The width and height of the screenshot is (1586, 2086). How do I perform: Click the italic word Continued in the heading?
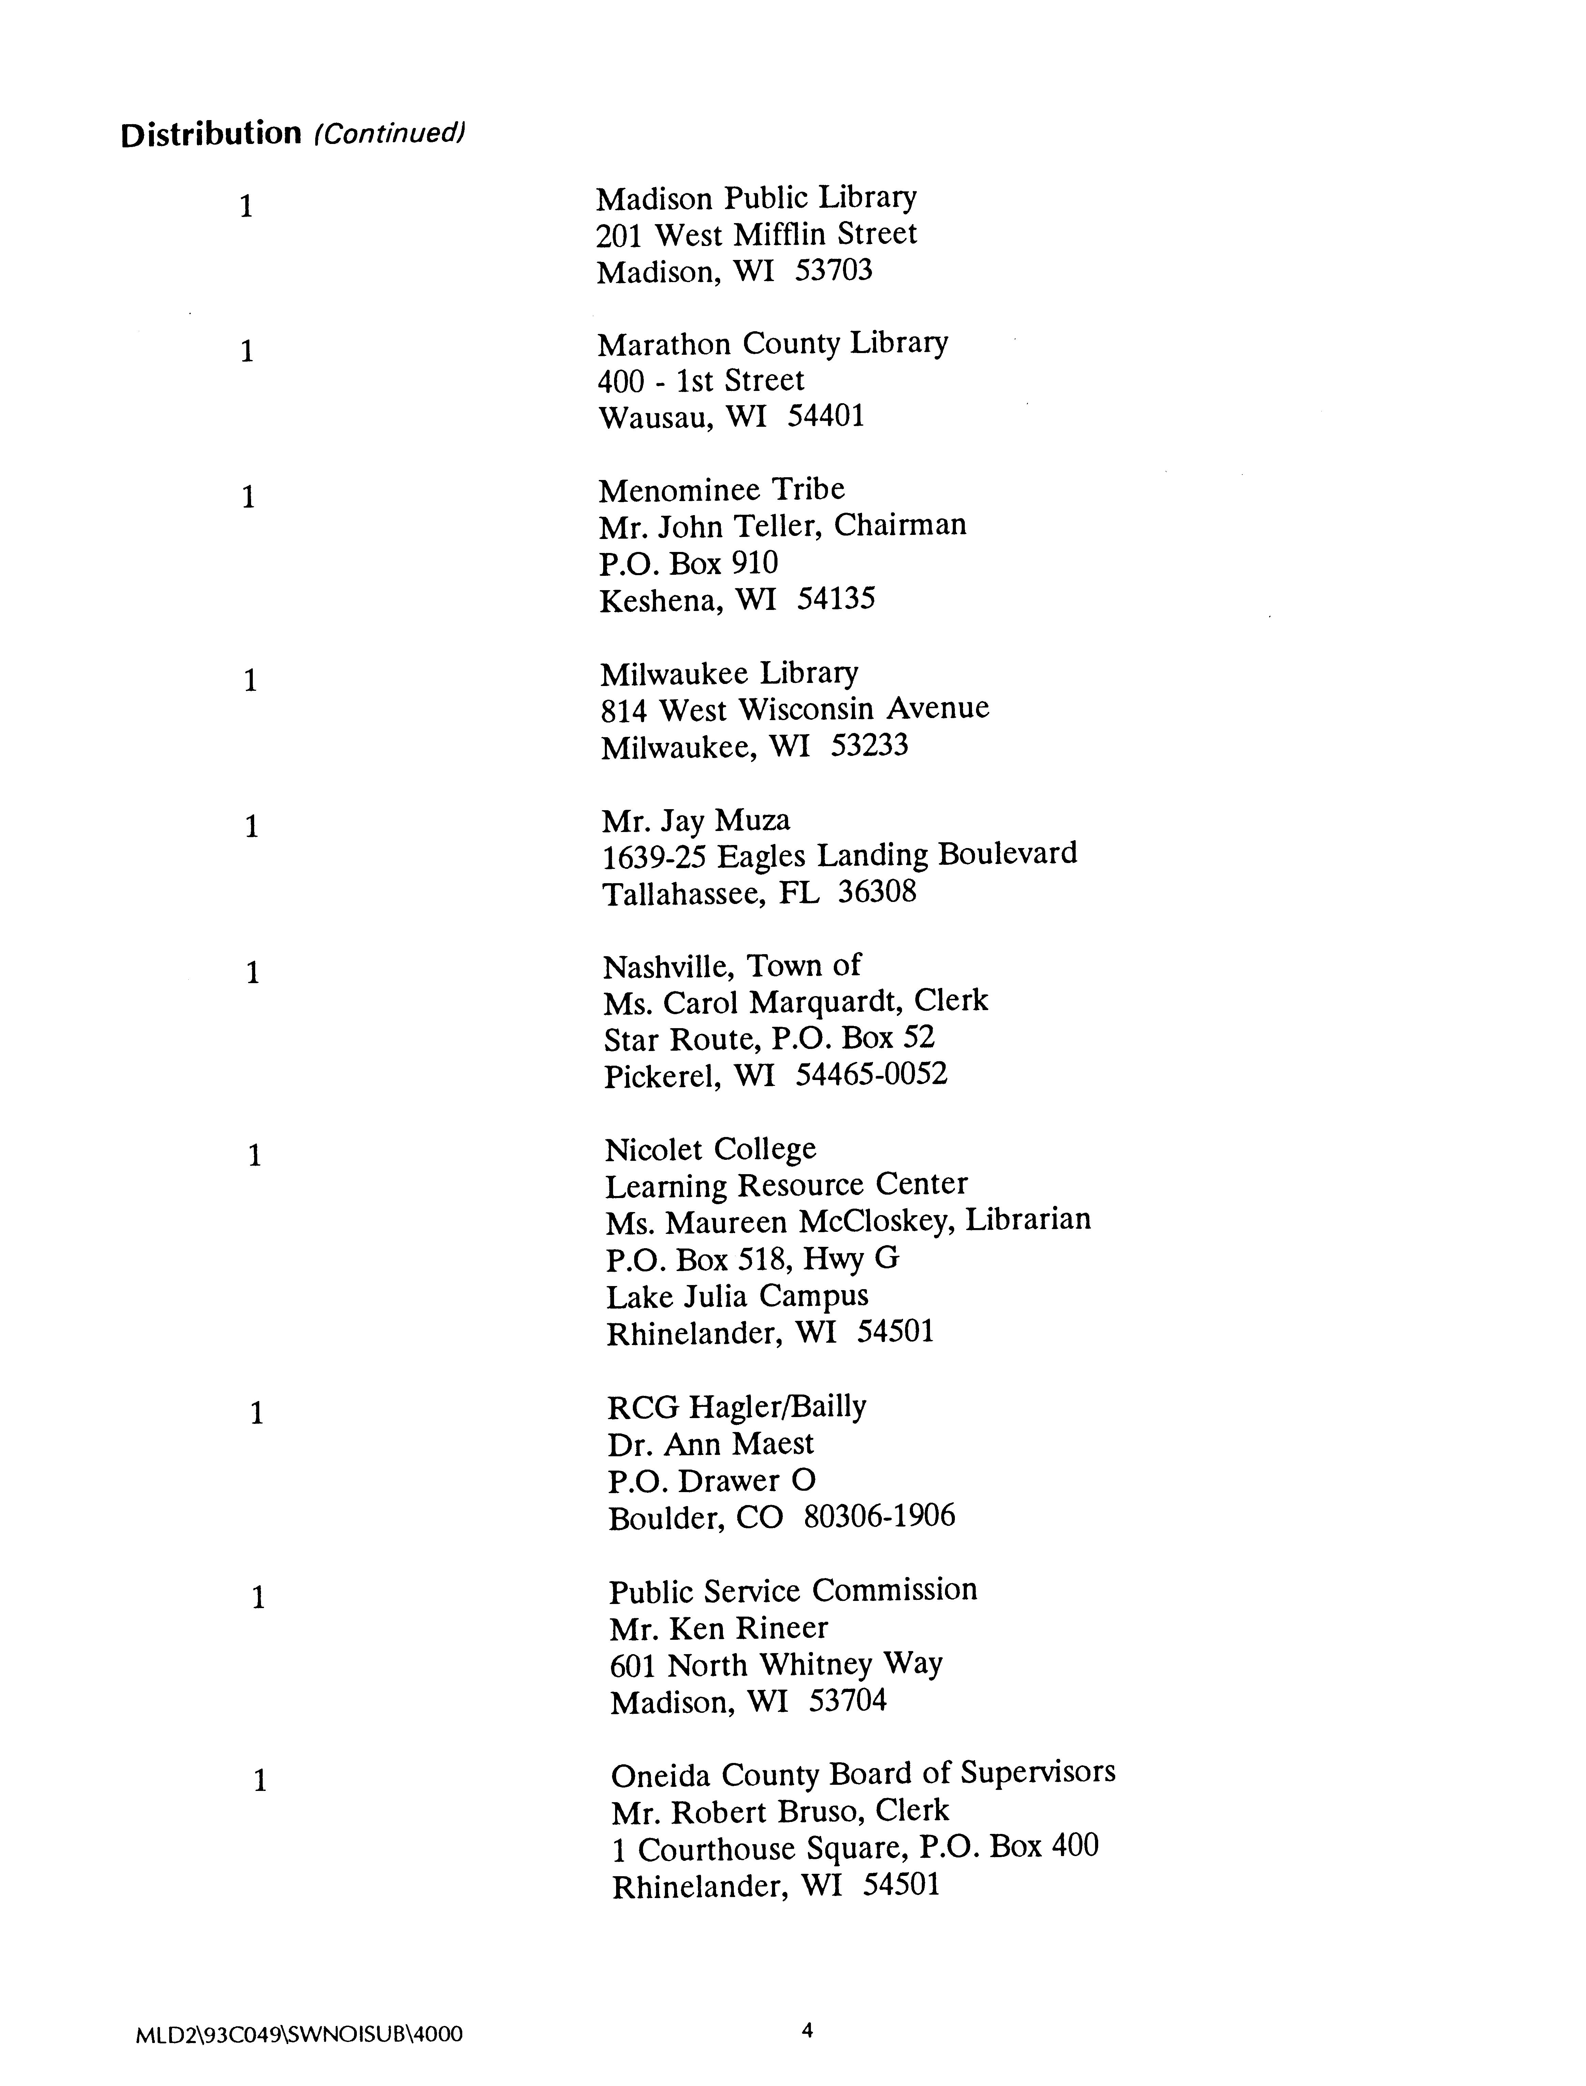[x=390, y=135]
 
